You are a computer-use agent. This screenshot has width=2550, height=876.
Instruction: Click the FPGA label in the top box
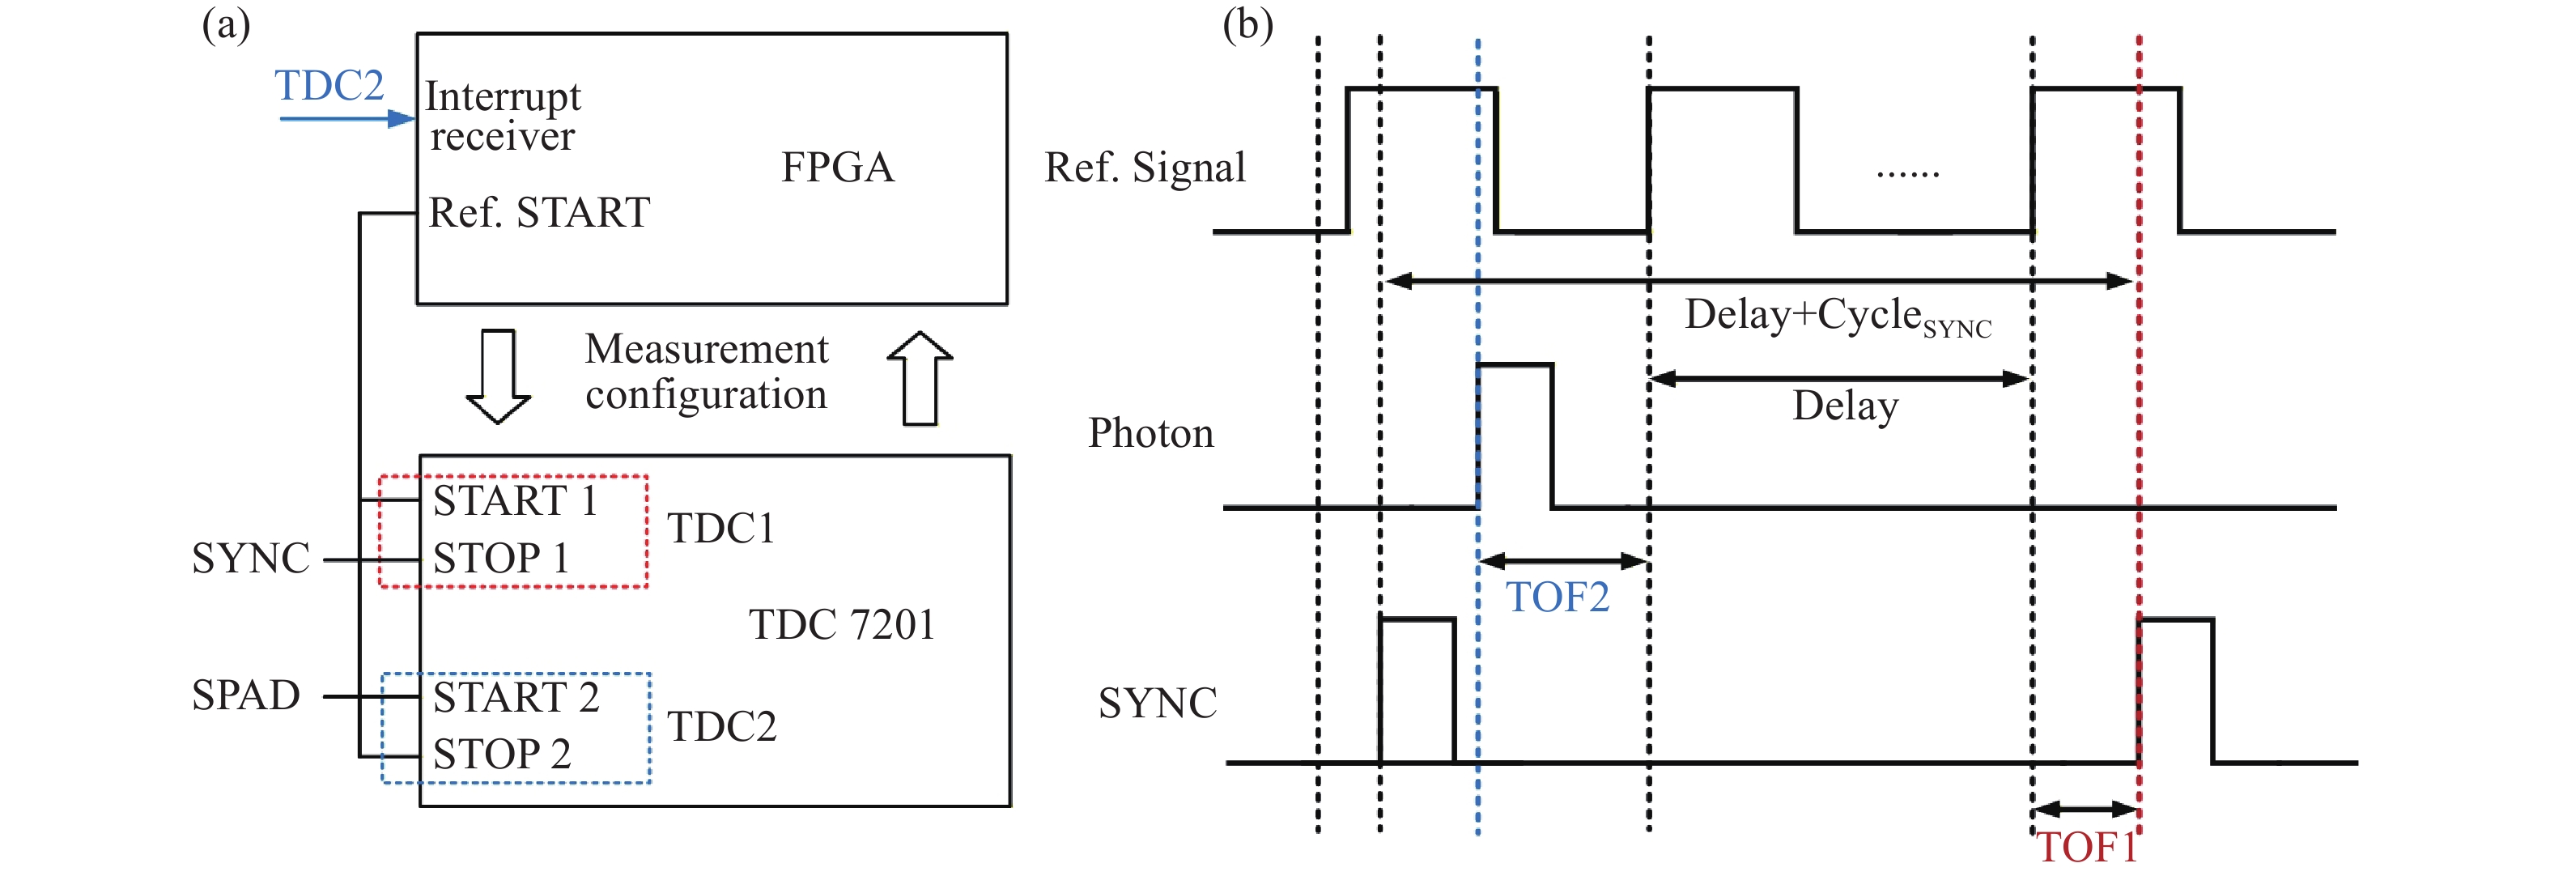pos(838,168)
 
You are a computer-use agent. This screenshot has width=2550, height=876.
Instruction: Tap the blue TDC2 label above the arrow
pos(329,85)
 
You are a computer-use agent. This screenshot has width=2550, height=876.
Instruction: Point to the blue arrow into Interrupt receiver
pos(346,119)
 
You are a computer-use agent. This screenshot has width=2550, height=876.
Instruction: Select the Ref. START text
pos(539,213)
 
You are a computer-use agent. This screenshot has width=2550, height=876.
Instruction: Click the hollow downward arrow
pos(498,377)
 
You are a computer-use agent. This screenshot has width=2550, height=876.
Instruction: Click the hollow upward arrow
pos(920,378)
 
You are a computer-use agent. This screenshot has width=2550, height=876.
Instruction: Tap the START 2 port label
pos(516,697)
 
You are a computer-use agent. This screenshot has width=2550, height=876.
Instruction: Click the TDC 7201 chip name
pos(841,624)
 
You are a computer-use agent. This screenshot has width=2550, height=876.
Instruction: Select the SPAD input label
pos(245,695)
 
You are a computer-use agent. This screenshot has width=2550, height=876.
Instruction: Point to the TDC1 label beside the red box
pos(720,529)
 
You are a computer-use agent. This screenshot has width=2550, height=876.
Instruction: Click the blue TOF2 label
pos(1558,597)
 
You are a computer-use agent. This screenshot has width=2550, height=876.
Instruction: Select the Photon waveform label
pos(1150,433)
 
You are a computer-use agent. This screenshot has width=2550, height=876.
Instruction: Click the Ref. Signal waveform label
pos(1145,168)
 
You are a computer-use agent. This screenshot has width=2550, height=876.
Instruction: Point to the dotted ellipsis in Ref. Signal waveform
pos(1907,174)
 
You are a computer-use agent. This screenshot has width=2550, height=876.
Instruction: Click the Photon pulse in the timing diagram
pos(1515,436)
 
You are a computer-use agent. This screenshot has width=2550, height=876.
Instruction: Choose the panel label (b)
pos(1247,25)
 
